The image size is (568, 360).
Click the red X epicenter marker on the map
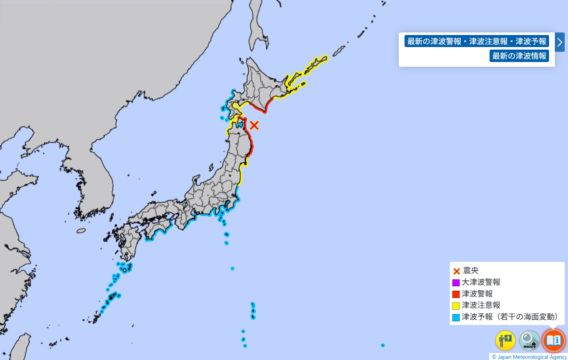pyautogui.click(x=254, y=125)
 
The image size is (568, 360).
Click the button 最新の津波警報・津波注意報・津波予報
pyautogui.click(x=476, y=41)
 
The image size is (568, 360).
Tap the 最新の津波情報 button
pyautogui.click(x=519, y=56)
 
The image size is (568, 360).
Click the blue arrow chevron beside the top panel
pyautogui.click(x=560, y=42)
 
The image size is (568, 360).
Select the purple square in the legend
pyautogui.click(x=456, y=283)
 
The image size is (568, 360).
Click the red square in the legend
pyautogui.click(x=456, y=294)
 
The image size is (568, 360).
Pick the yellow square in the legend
pyautogui.click(x=456, y=306)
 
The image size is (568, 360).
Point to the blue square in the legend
pyautogui.click(x=456, y=317)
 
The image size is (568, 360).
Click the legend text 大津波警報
pyautogui.click(x=481, y=282)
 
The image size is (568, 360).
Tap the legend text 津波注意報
pyautogui.click(x=481, y=305)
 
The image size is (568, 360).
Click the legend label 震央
pyautogui.click(x=471, y=270)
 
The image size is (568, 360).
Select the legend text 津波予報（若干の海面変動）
pyautogui.click(x=510, y=317)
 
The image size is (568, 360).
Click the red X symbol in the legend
pyautogui.click(x=456, y=271)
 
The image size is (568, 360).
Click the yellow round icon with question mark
pyautogui.click(x=505, y=340)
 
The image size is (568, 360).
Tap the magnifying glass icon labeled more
pyautogui.click(x=529, y=340)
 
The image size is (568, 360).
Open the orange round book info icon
pyautogui.click(x=553, y=340)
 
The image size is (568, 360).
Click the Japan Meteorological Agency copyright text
pyautogui.click(x=529, y=357)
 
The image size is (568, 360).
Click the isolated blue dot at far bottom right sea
pyautogui.click(x=383, y=345)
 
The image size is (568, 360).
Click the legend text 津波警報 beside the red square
pyautogui.click(x=477, y=294)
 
